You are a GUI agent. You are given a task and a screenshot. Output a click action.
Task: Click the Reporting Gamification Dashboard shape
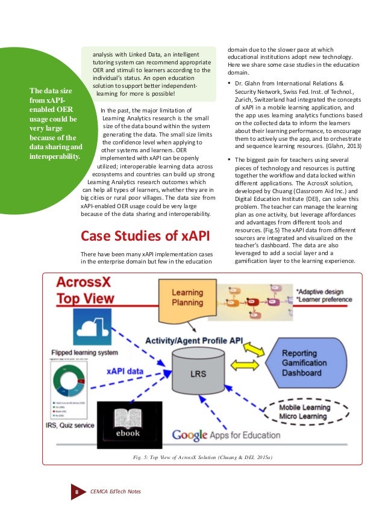click(x=313, y=363)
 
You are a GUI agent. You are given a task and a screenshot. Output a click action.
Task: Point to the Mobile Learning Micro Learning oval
click(x=312, y=412)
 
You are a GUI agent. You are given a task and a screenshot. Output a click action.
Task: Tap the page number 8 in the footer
click(x=77, y=492)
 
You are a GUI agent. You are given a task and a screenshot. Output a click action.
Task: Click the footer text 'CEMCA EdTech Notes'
click(x=115, y=492)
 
